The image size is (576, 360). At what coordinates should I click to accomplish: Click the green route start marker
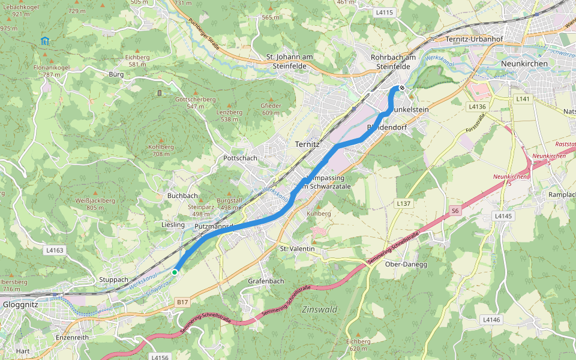[x=175, y=272]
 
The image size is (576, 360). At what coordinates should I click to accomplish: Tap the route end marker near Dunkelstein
[x=401, y=88]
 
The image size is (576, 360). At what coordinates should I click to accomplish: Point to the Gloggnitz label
[x=21, y=305]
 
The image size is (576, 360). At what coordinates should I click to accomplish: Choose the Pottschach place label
[x=240, y=158]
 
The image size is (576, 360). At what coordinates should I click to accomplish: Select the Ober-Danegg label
[x=406, y=265]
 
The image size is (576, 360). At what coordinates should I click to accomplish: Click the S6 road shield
[x=455, y=211]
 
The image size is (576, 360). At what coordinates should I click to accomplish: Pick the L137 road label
[x=404, y=204]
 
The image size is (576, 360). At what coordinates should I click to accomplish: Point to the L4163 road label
[x=53, y=250]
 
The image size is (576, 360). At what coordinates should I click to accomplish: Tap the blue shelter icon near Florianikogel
[x=44, y=41]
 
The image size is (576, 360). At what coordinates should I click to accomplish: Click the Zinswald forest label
[x=320, y=310]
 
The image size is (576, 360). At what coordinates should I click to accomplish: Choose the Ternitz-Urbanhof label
[x=474, y=40]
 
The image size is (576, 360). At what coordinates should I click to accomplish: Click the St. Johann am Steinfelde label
[x=290, y=61]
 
